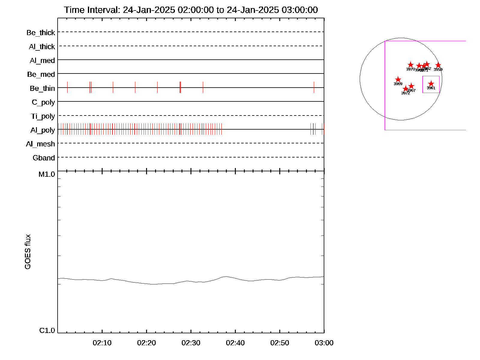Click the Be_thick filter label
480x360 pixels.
[x=41, y=32]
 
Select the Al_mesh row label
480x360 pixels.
[x=40, y=144]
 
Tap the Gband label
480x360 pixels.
[x=44, y=158]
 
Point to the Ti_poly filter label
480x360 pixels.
[x=43, y=116]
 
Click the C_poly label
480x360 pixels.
[x=43, y=102]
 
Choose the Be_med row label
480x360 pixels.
[x=41, y=74]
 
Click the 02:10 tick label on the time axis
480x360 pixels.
[x=102, y=343]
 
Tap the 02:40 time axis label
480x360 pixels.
[x=235, y=343]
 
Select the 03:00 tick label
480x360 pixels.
[x=324, y=343]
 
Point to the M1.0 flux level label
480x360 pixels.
[x=47, y=174]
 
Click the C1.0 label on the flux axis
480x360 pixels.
[x=47, y=331]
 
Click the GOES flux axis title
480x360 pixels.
[x=28, y=252]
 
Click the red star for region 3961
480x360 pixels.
[x=431, y=83]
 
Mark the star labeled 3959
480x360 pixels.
[x=438, y=65]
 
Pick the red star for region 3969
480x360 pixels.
[x=398, y=79]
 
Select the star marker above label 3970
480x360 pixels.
[x=411, y=65]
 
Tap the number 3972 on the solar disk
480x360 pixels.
[x=406, y=93]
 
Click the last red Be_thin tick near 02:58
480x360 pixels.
[x=314, y=87]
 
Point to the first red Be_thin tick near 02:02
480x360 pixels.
[x=67, y=87]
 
